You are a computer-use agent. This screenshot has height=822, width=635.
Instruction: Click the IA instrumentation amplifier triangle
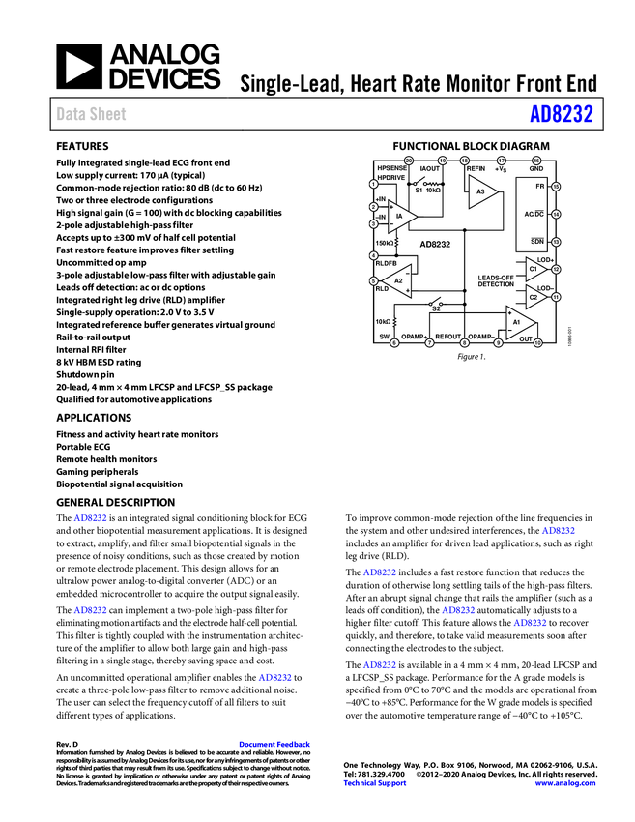[399, 215]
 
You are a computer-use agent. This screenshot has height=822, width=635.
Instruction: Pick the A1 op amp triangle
[518, 322]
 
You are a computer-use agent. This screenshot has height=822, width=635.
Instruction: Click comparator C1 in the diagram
[534, 269]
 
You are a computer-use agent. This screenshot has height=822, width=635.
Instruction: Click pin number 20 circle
[408, 161]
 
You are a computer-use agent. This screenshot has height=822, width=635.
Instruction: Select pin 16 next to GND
[536, 161]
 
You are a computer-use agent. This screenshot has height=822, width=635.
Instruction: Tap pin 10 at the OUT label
[537, 342]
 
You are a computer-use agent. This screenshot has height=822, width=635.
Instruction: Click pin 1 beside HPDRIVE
[373, 184]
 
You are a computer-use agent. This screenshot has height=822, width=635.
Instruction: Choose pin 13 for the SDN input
[556, 242]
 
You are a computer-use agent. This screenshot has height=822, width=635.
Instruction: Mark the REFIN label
[476, 169]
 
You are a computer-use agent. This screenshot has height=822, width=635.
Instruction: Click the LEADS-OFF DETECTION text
[496, 281]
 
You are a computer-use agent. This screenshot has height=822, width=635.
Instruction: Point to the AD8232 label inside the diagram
[435, 245]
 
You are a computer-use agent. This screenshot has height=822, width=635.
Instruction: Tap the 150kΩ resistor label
[384, 243]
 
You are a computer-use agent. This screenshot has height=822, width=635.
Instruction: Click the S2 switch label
[435, 308]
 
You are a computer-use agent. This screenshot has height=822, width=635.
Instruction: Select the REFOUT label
[447, 336]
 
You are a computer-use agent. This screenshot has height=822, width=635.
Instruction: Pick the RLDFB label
[386, 263]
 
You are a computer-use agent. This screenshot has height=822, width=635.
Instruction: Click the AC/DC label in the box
[534, 214]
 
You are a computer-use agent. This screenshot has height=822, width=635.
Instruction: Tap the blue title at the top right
[561, 114]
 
